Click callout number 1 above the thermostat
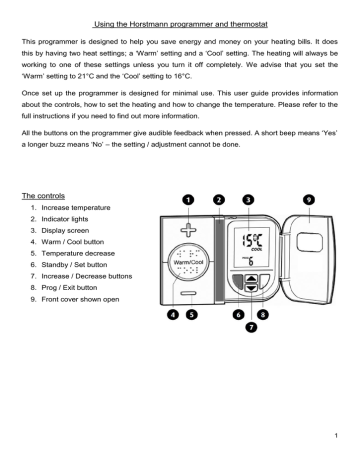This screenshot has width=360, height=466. click(x=187, y=199)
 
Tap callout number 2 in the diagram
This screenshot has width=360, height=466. click(x=219, y=199)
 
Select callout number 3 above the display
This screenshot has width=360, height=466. click(x=248, y=199)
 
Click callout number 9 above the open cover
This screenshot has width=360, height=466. click(x=309, y=199)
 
